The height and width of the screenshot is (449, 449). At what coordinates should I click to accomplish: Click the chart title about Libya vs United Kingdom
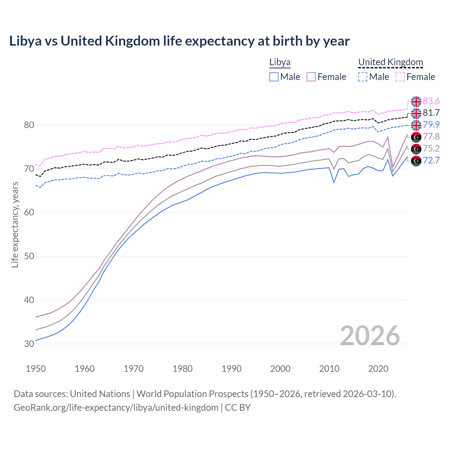179,41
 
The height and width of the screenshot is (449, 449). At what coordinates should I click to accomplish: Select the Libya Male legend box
274,77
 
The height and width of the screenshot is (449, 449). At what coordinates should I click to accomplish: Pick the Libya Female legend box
311,77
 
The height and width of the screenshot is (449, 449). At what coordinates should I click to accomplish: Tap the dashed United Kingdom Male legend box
363,77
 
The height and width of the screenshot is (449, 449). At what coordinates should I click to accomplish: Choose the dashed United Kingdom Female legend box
400,77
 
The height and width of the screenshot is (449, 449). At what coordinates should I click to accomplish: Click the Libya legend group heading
280,62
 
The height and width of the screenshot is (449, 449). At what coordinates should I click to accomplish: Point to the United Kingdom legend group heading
390,62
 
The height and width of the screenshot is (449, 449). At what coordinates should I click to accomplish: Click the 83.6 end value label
431,101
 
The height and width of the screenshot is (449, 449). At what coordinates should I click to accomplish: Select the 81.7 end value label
431,113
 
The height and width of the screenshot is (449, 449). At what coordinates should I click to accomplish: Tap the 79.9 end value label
431,125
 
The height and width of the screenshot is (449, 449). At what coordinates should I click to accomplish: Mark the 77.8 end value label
431,137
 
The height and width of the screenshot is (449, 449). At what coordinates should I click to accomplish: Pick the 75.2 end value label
431,149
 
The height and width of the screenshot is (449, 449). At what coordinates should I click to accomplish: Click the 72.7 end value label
431,161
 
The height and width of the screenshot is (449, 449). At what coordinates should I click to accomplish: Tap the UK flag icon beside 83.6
416,101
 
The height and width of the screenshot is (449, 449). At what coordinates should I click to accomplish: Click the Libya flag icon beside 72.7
416,161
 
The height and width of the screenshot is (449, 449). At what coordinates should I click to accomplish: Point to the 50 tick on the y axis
29,256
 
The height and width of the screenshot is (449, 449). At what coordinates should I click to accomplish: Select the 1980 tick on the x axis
182,369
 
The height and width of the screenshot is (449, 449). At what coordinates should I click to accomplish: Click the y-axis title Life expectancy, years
15,224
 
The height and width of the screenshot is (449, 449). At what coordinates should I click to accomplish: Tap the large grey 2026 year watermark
370,336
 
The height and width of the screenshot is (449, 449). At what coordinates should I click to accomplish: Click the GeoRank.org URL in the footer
116,408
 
